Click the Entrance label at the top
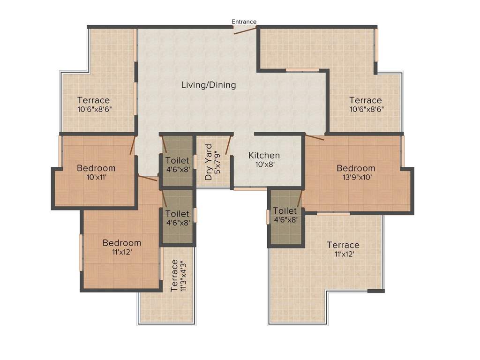pos(244,22)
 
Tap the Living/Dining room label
pos(209,85)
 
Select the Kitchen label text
pos(264,155)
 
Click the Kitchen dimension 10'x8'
pos(264,165)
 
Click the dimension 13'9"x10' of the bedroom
pos(356,177)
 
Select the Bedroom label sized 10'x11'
pos(96,168)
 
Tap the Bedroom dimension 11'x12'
pos(121,252)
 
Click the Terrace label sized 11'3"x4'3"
pos(175,275)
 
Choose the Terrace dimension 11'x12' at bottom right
pos(343,254)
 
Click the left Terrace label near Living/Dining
pos(94,100)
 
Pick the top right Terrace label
pos(365,100)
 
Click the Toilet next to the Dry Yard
pos(178,161)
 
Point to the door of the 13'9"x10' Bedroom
pos(315,137)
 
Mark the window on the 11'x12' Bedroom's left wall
pos(81,252)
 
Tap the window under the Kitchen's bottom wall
pos(251,189)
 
